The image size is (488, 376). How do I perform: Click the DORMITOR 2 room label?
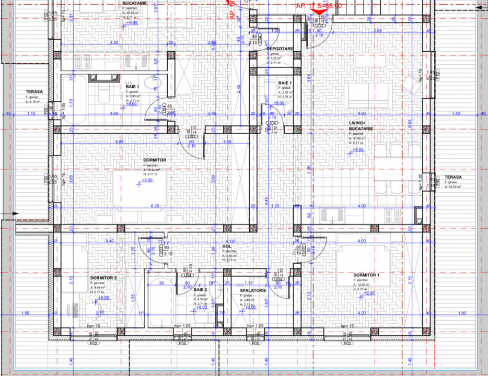(103, 278)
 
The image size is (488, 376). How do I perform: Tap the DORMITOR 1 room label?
(366, 275)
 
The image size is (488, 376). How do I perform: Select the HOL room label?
(227, 246)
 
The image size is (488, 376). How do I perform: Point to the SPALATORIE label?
(253, 290)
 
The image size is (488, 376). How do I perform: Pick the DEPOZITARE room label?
(280, 48)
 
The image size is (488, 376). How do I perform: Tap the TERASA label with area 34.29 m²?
(452, 178)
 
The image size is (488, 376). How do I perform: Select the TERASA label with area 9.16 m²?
(34, 91)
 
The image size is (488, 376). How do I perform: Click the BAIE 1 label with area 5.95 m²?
(132, 86)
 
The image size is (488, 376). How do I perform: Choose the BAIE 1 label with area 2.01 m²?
(284, 83)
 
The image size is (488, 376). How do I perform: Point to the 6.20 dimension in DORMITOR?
(155, 206)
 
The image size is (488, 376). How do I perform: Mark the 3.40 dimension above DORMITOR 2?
(109, 241)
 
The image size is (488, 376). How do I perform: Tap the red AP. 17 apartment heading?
(319, 5)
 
